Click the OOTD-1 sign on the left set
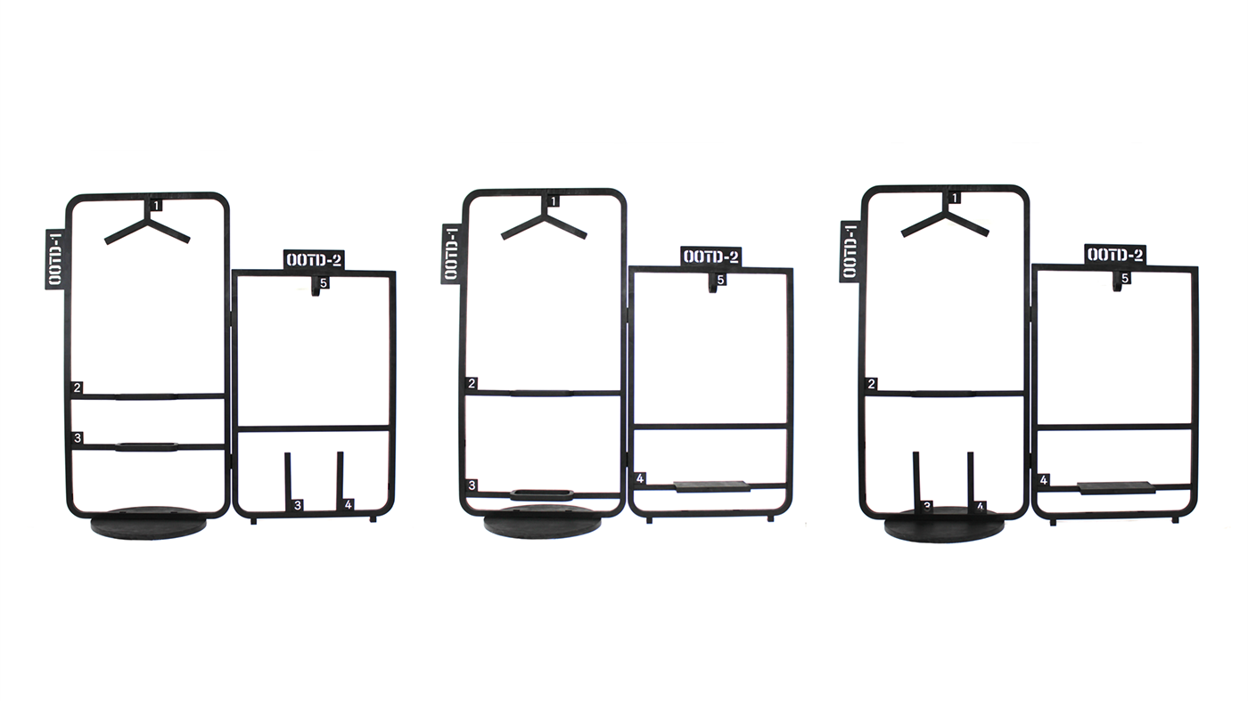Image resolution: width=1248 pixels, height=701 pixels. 55,259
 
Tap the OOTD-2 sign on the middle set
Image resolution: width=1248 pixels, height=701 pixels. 711,257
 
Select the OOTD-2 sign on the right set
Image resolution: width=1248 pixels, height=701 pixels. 1116,255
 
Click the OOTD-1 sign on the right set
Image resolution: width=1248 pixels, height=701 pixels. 850,252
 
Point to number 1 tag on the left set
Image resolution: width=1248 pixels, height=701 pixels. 157,206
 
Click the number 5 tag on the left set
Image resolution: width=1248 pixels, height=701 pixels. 324,283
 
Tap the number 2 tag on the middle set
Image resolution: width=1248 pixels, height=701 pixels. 472,384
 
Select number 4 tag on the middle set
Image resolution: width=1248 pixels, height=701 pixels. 640,478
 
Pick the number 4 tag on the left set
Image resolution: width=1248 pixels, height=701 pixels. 349,505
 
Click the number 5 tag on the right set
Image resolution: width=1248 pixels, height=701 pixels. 1125,278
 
